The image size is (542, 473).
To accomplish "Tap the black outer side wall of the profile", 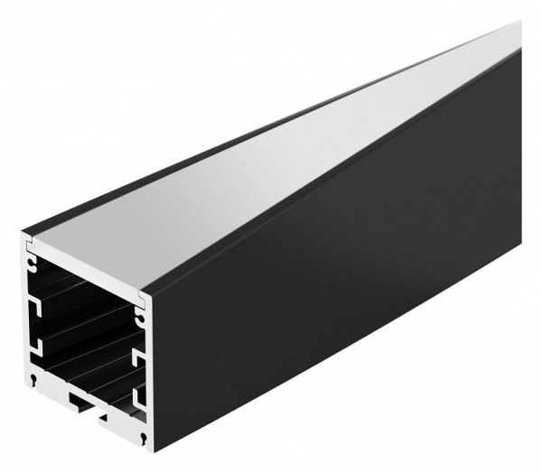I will [343, 271].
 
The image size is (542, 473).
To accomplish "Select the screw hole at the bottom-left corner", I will [33, 377].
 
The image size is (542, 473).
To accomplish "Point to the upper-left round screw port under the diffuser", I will [34, 265].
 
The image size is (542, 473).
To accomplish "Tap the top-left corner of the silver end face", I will [24, 236].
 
